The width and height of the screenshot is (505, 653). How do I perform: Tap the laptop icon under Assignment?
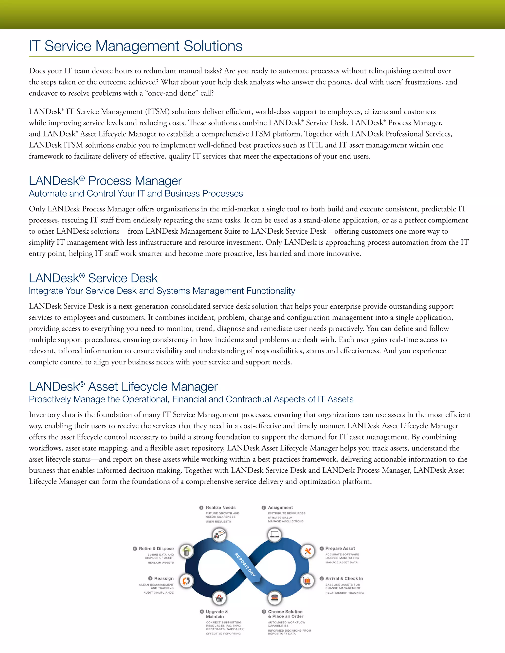274,534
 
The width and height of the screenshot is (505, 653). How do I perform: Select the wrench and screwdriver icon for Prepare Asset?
307,551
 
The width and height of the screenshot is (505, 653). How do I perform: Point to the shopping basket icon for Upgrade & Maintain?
219,598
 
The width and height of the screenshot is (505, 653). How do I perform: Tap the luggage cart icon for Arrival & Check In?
307,581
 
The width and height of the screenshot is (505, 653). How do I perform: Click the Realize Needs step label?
220,507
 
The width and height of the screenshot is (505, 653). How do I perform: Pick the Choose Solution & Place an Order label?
285,614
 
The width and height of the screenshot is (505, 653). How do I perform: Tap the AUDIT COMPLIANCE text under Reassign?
159,593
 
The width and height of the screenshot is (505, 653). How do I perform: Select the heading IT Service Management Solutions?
136,46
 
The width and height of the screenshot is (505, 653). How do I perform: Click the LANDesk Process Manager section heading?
105,181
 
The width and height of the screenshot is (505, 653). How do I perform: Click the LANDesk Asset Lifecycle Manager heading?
123,387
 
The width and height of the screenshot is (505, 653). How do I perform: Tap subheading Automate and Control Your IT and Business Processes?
136,193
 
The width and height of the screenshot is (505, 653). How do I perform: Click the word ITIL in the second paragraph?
315,145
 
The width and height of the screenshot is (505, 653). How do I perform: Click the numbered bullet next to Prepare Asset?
322,548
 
